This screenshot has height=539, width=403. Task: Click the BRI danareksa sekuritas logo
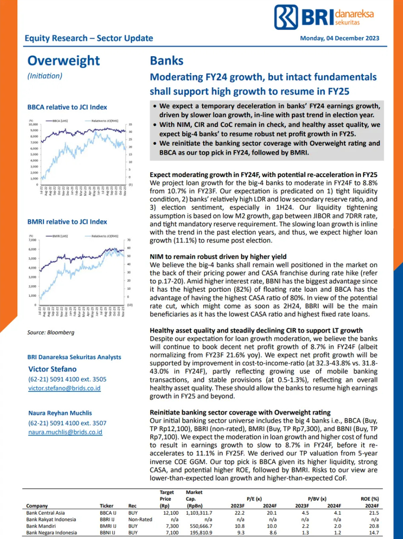click(x=324, y=17)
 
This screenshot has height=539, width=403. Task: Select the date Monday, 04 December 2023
click(x=340, y=38)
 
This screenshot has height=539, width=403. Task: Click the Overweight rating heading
click(x=63, y=60)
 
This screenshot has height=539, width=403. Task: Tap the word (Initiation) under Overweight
click(x=45, y=76)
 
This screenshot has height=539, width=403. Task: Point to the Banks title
click(x=167, y=60)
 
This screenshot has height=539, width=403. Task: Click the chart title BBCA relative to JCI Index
click(x=67, y=107)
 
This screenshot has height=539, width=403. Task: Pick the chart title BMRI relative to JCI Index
click(x=67, y=222)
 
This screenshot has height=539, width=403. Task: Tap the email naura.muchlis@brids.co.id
click(x=65, y=432)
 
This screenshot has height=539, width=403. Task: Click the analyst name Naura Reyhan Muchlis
click(x=60, y=413)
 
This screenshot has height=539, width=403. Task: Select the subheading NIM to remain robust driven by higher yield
click(x=218, y=257)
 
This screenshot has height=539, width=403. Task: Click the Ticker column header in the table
click(x=107, y=506)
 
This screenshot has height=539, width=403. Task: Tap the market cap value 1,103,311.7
click(x=199, y=513)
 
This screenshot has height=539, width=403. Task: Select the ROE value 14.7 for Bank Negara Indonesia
click(x=374, y=533)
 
